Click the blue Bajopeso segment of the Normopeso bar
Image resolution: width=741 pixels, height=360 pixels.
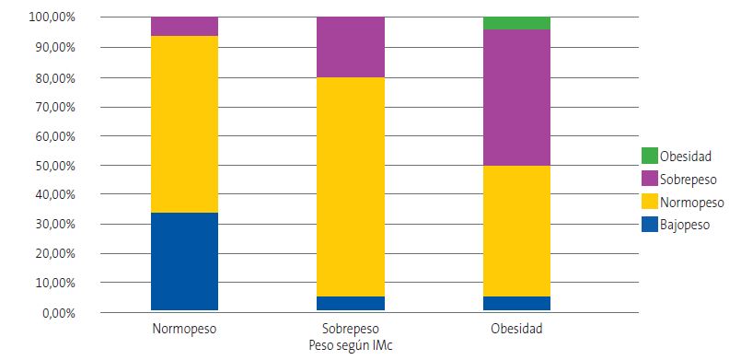[184, 261]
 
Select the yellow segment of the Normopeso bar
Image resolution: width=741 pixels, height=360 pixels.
[184, 124]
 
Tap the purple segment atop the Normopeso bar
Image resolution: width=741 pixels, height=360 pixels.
[184, 26]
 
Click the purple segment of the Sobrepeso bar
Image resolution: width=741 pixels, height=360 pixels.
[351, 47]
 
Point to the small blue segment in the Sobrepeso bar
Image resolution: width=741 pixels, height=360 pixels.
[351, 303]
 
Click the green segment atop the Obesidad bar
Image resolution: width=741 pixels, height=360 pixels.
[516, 23]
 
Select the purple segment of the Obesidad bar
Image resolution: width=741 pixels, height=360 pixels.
[516, 98]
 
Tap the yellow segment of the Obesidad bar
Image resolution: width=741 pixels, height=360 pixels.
[516, 231]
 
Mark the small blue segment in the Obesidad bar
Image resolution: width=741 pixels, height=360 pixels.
[516, 303]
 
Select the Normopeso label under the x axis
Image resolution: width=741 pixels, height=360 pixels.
[184, 329]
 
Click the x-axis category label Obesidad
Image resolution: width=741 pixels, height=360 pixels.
[516, 329]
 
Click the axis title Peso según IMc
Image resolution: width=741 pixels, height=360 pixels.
[351, 344]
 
